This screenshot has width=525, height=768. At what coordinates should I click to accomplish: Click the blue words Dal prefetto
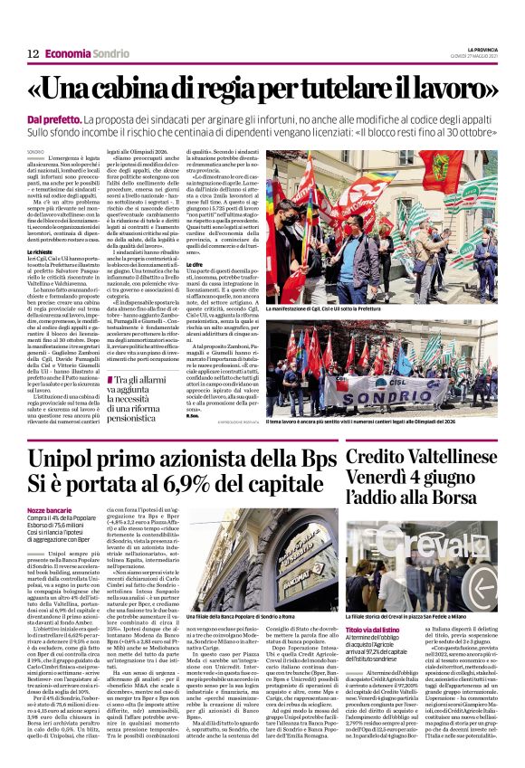tap(52, 119)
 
